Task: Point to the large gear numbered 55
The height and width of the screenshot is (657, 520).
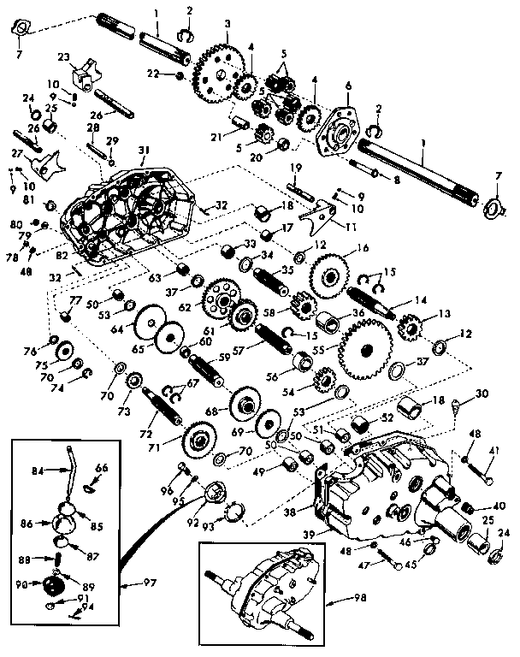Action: pos(365,350)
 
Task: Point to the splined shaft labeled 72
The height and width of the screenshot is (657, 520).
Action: pos(163,408)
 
